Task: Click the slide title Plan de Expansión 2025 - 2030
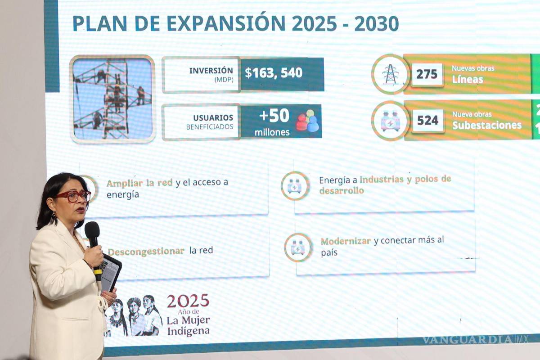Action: point(235,23)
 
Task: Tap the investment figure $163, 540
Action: point(274,73)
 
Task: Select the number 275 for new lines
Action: point(427,74)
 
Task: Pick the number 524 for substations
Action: point(427,121)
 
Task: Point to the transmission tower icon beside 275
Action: point(390,74)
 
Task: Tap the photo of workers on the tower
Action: point(112,99)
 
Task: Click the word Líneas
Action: point(468,80)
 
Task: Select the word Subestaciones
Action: point(486,126)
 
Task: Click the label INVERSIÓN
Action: point(211,71)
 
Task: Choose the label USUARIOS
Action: point(213,118)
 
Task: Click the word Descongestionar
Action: point(146,251)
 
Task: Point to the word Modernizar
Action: point(346,241)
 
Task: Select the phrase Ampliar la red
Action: point(139,183)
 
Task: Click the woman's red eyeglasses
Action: point(73,196)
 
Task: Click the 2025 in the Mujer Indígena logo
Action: point(188,301)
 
